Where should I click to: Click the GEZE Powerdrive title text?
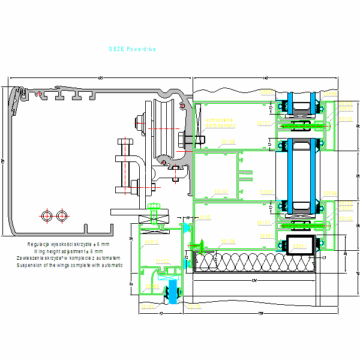(x=133, y=50)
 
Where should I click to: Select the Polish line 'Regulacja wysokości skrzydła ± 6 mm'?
(x=68, y=244)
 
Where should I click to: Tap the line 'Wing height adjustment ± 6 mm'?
(x=68, y=251)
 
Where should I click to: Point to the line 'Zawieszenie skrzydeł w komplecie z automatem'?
(x=70, y=258)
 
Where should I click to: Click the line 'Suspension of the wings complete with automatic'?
(x=70, y=265)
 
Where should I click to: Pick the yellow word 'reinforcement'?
(x=215, y=125)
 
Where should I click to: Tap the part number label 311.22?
(x=162, y=260)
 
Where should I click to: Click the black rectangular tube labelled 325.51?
(x=300, y=245)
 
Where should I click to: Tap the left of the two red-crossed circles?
(x=47, y=215)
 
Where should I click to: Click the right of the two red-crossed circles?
(x=61, y=215)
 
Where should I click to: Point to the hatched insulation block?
(x=252, y=263)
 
